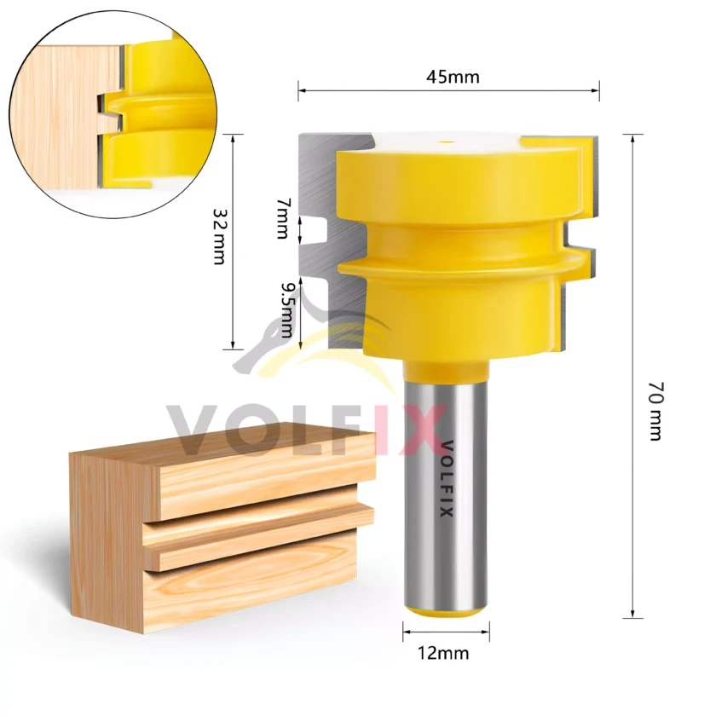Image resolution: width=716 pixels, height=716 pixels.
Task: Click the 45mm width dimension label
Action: [453, 77]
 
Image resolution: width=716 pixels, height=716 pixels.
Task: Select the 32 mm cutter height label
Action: [220, 237]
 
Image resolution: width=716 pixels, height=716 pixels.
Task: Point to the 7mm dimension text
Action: [283, 218]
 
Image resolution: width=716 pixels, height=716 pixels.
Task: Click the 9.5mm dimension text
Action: [287, 309]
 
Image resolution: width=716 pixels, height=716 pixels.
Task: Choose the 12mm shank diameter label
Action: [443, 653]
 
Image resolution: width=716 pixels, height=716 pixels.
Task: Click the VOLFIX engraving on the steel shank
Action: [447, 478]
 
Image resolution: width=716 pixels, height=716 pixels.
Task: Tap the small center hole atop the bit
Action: [447, 142]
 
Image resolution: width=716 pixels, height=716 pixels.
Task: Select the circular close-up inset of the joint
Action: [113, 114]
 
